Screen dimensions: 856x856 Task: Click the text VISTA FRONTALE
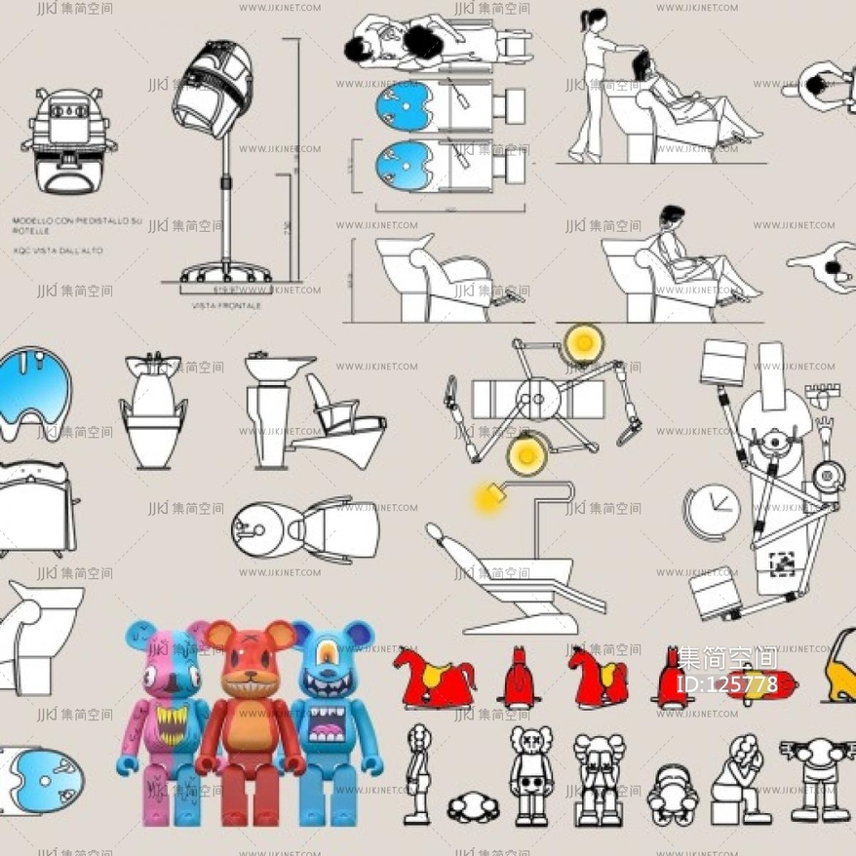(225, 306)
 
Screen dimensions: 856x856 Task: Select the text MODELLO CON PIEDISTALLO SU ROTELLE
(76, 225)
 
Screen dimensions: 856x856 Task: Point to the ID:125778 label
(726, 684)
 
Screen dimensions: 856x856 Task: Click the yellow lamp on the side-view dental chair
(488, 499)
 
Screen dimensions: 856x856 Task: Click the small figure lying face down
(473, 806)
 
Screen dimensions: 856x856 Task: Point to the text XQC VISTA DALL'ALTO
(58, 251)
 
